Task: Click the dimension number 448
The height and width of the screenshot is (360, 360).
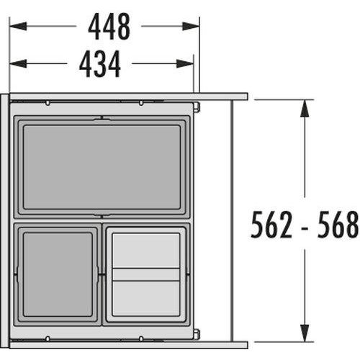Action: (109, 27)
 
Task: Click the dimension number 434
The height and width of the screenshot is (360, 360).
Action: (100, 64)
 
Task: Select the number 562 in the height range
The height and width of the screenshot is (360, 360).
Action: (271, 225)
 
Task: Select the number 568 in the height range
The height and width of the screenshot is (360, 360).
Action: (338, 225)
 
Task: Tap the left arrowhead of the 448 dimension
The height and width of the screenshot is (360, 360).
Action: (18, 26)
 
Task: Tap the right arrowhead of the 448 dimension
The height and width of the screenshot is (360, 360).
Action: (191, 26)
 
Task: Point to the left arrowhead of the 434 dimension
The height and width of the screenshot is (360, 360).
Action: (18, 63)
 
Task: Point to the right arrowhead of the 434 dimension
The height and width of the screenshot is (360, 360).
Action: (185, 63)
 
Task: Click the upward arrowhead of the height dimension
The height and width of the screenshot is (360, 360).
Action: (305, 108)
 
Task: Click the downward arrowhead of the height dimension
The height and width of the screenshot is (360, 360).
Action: (305, 333)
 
